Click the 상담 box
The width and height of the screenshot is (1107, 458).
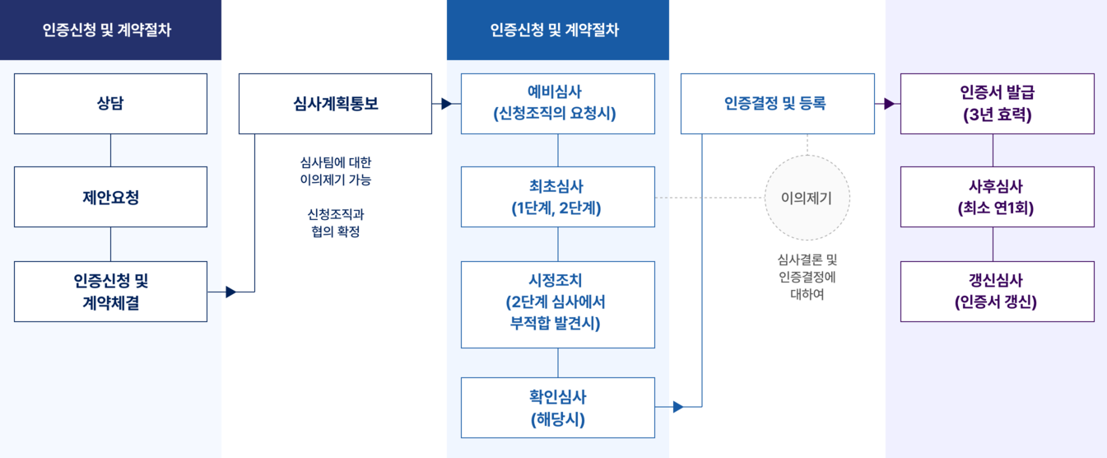[110, 104]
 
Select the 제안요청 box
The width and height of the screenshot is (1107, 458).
[110, 197]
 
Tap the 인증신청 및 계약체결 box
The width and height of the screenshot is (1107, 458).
[110, 292]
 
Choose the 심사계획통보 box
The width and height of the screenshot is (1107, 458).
[335, 104]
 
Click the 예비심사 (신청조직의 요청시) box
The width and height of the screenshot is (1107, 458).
[558, 104]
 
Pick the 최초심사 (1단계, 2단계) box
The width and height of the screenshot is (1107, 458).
[558, 197]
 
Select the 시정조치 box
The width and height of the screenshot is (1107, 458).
[558, 305]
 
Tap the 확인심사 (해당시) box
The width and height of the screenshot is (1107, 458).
[558, 408]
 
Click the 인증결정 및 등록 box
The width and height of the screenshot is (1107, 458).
[777, 104]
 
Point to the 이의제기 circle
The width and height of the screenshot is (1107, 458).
[807, 198]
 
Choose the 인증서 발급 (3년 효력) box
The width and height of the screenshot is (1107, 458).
[998, 104]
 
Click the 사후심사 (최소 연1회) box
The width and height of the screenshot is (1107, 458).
[998, 197]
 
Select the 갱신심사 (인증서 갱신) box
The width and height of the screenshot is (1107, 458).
[998, 292]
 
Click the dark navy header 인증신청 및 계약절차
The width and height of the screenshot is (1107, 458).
[111, 30]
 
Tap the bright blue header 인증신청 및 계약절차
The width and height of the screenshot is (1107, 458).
[558, 30]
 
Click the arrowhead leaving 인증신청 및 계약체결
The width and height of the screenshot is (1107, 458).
[230, 292]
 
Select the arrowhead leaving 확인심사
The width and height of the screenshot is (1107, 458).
[678, 407]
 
